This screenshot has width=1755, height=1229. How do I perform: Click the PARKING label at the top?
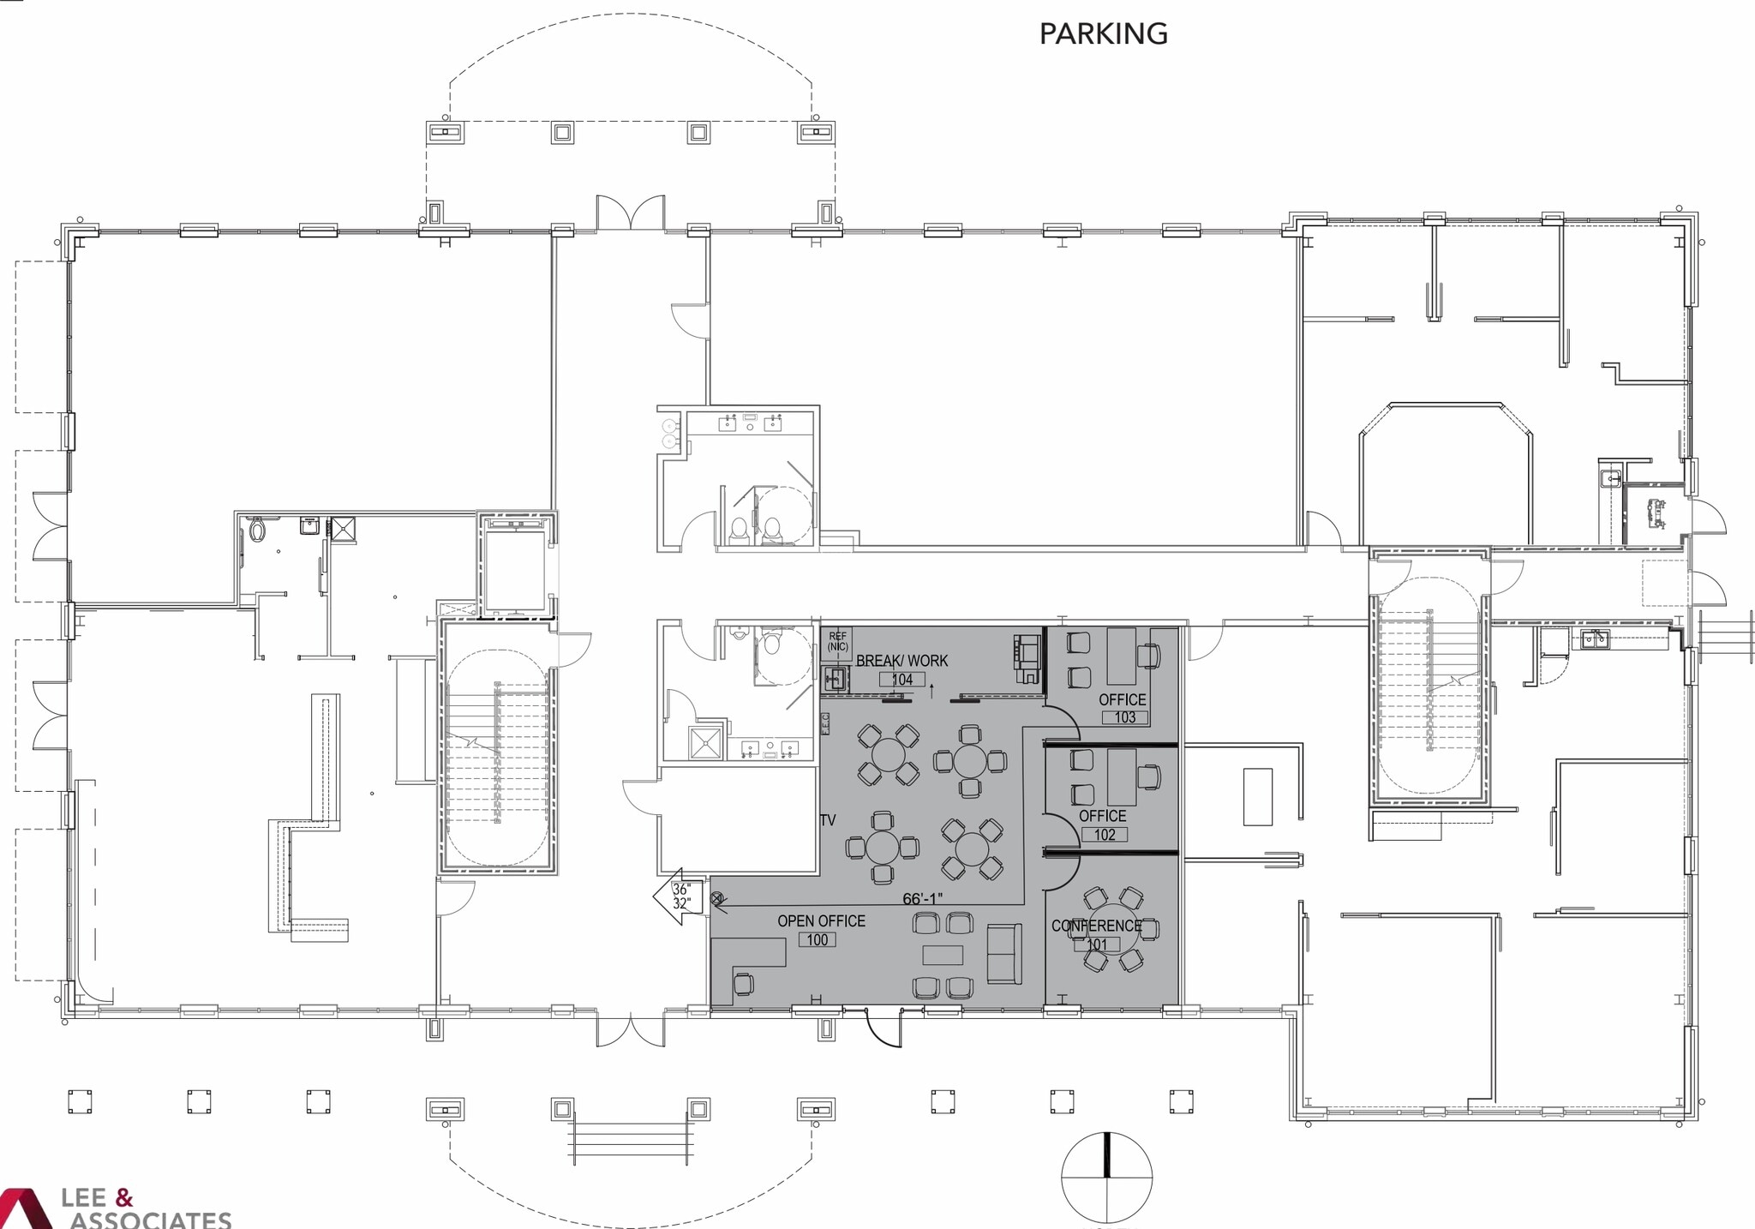[x=1103, y=33]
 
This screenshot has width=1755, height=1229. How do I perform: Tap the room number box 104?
[x=901, y=680]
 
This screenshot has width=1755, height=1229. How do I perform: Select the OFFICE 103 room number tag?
[x=1124, y=717]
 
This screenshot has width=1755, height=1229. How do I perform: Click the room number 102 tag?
[x=1105, y=835]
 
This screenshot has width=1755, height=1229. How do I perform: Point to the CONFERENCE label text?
[x=1096, y=926]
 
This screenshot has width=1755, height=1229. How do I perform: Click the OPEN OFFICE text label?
[x=821, y=920]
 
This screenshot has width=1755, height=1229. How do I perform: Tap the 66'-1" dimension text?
[x=922, y=898]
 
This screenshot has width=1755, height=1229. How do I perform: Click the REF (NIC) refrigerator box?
[x=837, y=641]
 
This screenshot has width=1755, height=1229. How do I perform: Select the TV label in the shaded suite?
[x=828, y=820]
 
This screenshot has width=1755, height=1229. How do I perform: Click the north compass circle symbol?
[x=1106, y=1178]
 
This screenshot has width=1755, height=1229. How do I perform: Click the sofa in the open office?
[x=1004, y=953]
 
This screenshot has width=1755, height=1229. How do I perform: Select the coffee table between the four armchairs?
[x=943, y=955]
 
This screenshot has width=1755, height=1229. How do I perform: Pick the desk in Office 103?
[x=1121, y=655]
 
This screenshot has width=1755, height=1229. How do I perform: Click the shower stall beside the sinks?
[x=705, y=743]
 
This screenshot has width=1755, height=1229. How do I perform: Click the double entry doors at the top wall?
[x=630, y=213]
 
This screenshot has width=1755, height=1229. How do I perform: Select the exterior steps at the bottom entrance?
[x=630, y=1142]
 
